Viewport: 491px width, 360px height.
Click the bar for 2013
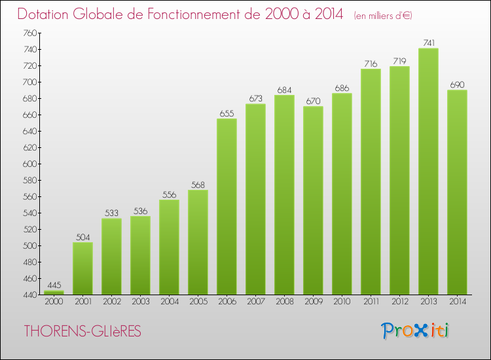click(x=428, y=171)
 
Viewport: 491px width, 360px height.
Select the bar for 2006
click(x=227, y=206)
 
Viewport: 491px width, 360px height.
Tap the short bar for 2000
click(x=54, y=293)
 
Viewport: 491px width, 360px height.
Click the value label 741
click(x=428, y=43)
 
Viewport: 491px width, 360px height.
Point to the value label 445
click(x=54, y=285)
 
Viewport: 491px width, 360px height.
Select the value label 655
click(x=227, y=113)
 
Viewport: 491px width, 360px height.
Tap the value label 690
click(x=457, y=84)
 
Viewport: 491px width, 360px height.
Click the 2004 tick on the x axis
click(x=169, y=301)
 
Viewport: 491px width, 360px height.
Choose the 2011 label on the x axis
click(x=371, y=301)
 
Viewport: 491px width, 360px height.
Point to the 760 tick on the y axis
click(x=29, y=33)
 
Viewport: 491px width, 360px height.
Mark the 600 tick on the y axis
click(x=29, y=164)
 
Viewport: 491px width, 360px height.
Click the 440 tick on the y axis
click(x=29, y=295)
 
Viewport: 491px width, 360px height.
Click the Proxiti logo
click(x=416, y=331)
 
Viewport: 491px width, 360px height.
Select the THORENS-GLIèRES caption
click(x=82, y=331)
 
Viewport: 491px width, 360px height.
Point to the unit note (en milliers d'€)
click(x=383, y=15)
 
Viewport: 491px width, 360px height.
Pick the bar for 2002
click(x=111, y=256)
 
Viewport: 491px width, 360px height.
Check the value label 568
click(x=198, y=184)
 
